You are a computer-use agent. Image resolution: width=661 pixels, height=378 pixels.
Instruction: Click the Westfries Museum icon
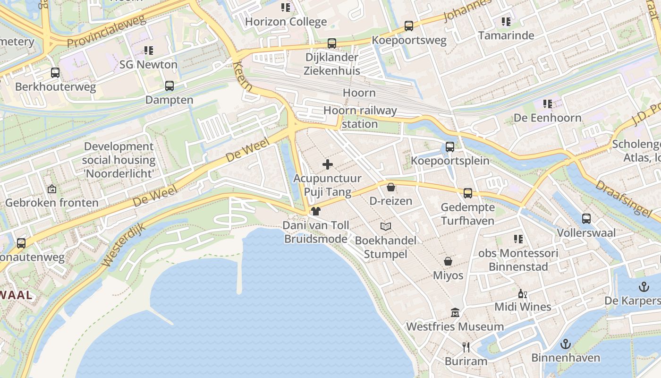click(455, 313)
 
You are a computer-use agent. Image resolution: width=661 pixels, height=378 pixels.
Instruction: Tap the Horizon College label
click(286, 22)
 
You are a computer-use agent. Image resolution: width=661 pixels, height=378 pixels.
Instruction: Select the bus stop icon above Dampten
click(169, 86)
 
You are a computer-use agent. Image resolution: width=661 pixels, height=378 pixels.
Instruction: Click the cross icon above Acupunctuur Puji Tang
click(327, 164)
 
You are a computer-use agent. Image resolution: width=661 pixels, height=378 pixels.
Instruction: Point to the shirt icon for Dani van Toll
click(315, 211)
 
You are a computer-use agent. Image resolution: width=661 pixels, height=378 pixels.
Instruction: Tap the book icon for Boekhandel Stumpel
click(386, 226)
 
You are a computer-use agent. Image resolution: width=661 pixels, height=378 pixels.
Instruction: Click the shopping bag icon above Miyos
click(448, 261)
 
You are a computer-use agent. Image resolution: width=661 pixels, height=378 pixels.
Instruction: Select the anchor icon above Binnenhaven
click(565, 344)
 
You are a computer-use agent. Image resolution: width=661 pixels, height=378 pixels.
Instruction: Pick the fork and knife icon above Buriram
click(466, 347)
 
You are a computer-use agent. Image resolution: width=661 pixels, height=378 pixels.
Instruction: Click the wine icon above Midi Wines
click(522, 293)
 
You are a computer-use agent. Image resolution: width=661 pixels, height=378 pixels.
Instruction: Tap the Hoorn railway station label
click(360, 117)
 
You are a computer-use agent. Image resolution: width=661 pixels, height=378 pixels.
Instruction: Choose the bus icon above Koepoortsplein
click(449, 147)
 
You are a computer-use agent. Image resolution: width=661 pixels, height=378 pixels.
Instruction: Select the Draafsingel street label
click(621, 198)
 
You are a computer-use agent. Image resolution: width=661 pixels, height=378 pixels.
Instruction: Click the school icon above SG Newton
click(149, 50)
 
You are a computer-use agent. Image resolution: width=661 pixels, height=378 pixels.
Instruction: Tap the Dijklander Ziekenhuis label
click(332, 64)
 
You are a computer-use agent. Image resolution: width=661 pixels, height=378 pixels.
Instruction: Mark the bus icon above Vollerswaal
click(586, 219)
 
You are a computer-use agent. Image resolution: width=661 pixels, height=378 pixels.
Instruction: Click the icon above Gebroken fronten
click(51, 189)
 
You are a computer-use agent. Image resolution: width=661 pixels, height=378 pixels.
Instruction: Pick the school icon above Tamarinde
click(506, 22)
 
